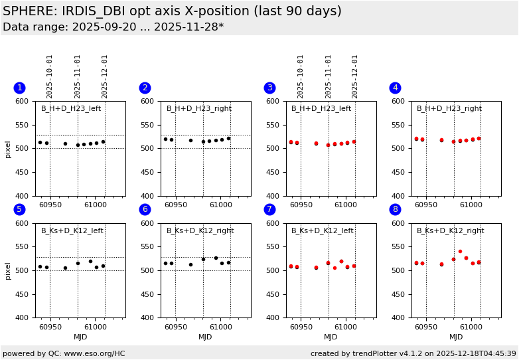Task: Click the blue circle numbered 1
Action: point(19,88)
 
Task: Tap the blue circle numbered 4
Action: point(395,88)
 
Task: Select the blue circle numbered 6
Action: point(145,209)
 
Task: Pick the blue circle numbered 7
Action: point(269,209)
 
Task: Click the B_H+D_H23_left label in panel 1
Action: point(71,109)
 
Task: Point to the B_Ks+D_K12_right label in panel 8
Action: point(450,231)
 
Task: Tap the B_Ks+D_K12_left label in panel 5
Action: point(72,231)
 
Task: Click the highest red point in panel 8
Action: point(460,252)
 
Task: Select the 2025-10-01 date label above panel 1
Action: point(50,76)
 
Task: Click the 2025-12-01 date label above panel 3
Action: point(355,76)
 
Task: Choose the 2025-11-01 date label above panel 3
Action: point(328,76)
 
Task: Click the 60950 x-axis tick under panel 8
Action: point(426,327)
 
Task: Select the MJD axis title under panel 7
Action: point(331,337)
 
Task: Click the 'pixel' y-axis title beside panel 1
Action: point(9,149)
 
